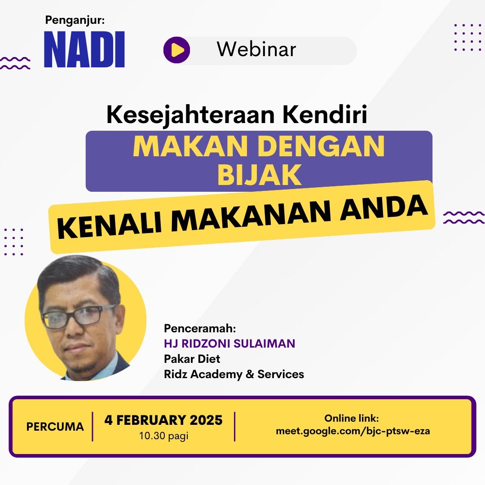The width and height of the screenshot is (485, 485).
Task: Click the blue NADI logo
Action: [84, 49]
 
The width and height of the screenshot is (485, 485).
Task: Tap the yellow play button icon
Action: [176, 50]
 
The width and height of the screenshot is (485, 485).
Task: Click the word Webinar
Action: [256, 49]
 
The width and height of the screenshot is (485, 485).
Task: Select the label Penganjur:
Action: [75, 20]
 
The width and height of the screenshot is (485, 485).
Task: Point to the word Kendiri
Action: [325, 114]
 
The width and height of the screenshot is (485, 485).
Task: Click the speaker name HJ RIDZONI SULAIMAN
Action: [229, 344]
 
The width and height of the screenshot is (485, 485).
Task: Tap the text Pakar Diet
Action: [192, 359]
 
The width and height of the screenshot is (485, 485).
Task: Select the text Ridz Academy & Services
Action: [234, 374]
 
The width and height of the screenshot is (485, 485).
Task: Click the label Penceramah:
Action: [200, 328]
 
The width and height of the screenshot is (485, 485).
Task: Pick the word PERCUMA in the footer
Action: [55, 427]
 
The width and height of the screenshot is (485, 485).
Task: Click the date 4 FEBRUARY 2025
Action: [163, 420]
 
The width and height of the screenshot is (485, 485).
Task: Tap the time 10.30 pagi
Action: [163, 436]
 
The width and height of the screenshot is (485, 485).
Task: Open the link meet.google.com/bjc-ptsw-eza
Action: [353, 431]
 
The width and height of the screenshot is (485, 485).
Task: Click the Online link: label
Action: [352, 418]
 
